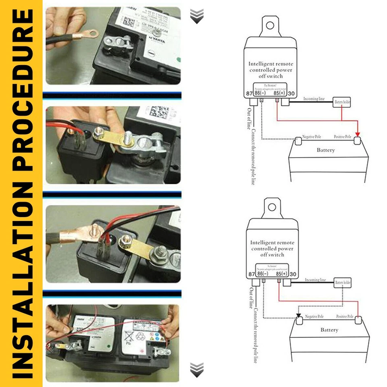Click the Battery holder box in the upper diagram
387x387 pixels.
(x=342, y=102)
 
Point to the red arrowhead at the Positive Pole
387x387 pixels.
(x=357, y=135)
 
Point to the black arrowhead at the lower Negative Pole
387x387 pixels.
(x=299, y=315)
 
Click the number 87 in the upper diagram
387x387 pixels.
(x=249, y=94)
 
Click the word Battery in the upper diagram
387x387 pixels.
(x=325, y=150)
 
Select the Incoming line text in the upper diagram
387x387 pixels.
(x=314, y=98)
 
